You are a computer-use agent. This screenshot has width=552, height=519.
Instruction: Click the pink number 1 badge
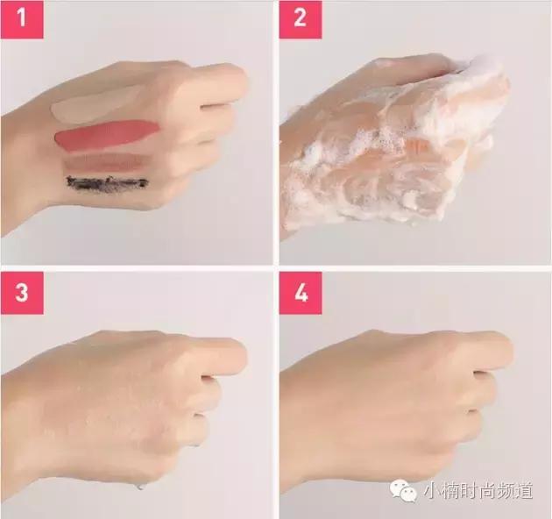[x=22, y=19]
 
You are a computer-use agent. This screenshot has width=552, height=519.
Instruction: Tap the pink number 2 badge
[x=301, y=19]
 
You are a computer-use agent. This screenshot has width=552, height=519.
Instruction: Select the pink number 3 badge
[x=22, y=293]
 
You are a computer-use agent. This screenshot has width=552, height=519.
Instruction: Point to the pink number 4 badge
[x=301, y=293]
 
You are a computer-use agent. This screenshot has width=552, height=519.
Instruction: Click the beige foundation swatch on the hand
[x=95, y=104]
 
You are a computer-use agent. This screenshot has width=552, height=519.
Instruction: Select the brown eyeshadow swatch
[x=104, y=163]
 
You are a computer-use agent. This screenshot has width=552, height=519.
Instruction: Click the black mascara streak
[x=107, y=183]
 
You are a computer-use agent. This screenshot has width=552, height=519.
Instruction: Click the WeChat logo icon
[x=403, y=490]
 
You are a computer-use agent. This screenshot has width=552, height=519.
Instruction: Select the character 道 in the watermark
[x=523, y=490]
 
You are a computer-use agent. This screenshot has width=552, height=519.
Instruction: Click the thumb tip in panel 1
[x=241, y=78]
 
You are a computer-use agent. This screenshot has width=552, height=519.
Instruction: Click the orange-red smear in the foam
[x=418, y=145]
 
